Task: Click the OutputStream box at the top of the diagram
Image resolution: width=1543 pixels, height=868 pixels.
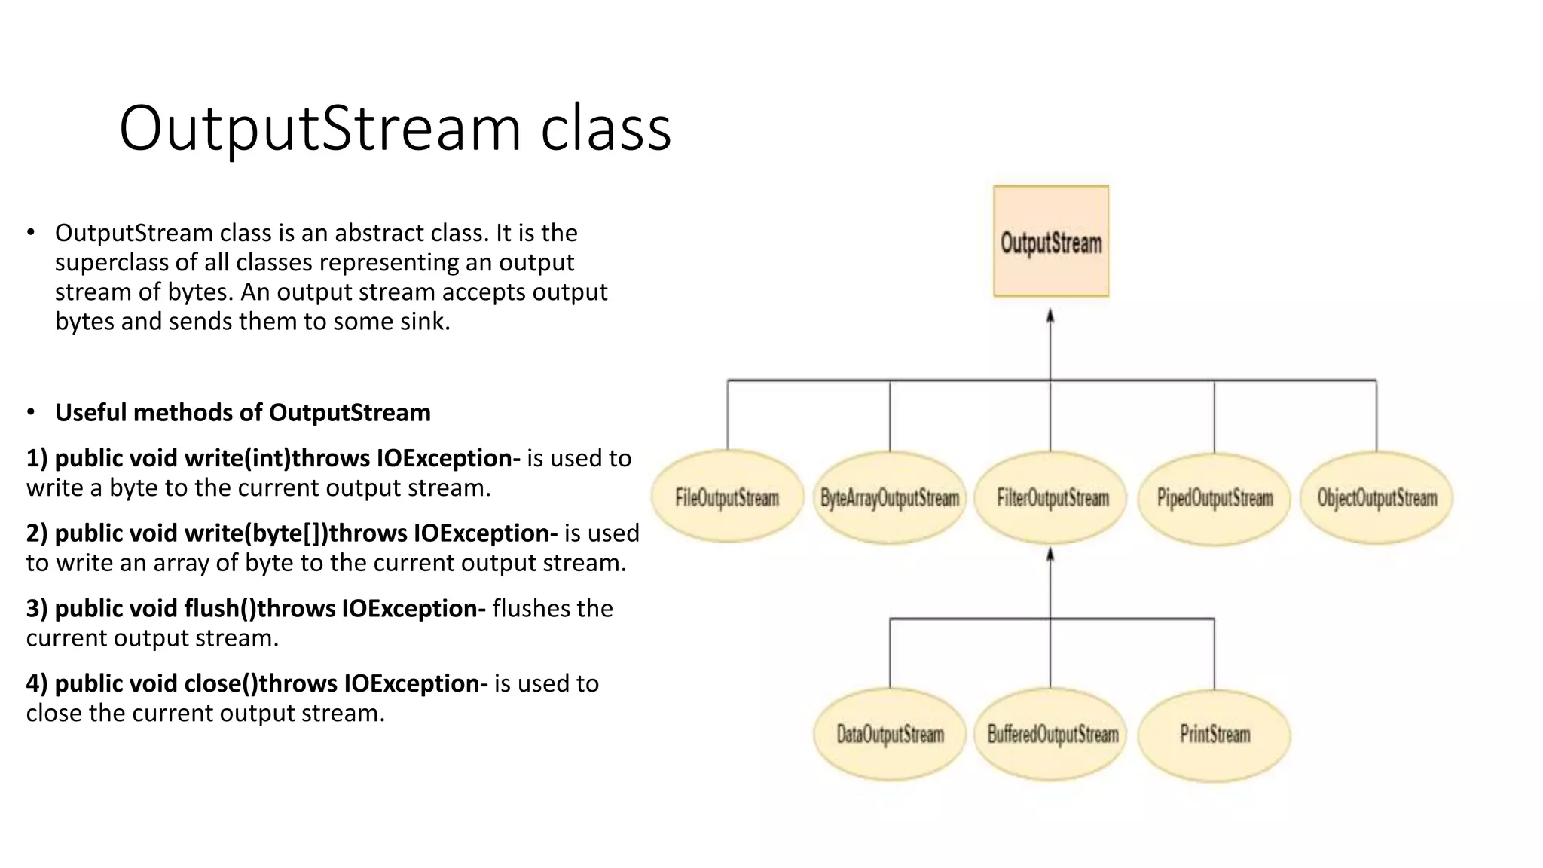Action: coord(1051,241)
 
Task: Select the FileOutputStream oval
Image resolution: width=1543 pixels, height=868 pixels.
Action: coord(727,497)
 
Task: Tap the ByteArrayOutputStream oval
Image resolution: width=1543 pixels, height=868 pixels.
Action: coord(890,497)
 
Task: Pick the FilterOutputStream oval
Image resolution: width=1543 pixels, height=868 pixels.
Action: coord(1052,497)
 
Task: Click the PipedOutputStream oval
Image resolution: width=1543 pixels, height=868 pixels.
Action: coord(1215,497)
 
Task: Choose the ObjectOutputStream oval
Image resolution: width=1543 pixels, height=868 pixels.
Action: coord(1376,497)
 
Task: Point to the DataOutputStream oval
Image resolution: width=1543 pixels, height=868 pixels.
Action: coord(890,734)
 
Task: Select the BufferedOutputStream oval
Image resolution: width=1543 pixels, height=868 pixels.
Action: coord(1052,734)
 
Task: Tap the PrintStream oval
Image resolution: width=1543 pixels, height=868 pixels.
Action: coord(1215,734)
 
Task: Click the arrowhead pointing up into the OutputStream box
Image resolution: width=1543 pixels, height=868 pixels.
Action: coord(1050,316)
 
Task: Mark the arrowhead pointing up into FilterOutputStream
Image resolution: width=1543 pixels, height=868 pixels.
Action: coord(1050,555)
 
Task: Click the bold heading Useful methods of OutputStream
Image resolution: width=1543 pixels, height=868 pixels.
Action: coord(243,413)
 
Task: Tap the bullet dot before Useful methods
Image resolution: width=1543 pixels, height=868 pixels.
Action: coord(31,412)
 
